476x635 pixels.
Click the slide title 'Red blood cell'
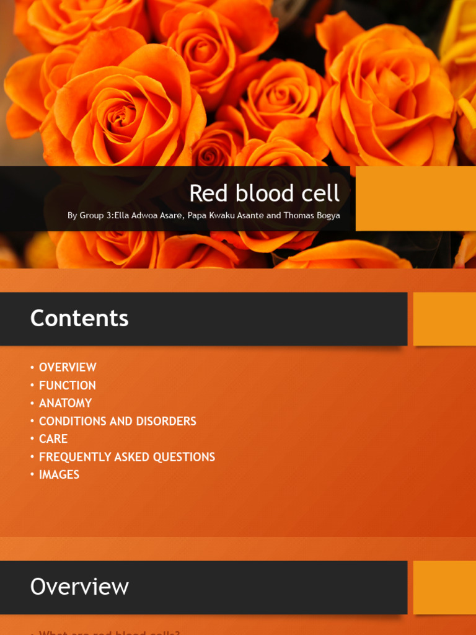tap(264, 193)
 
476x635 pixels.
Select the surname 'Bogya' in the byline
tap(326, 216)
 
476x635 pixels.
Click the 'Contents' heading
tap(79, 319)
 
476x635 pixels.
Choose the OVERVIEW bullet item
tap(68, 367)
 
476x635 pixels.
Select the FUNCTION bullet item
tap(67, 385)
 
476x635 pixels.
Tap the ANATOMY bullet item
tap(65, 403)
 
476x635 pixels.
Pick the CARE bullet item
tap(53, 438)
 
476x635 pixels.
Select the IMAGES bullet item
tap(59, 474)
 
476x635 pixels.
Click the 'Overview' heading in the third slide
tap(79, 587)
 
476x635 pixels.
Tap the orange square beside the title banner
tap(415, 198)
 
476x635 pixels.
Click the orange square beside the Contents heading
tap(444, 319)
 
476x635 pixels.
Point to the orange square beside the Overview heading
tap(444, 587)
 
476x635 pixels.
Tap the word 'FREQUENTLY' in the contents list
tap(73, 457)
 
